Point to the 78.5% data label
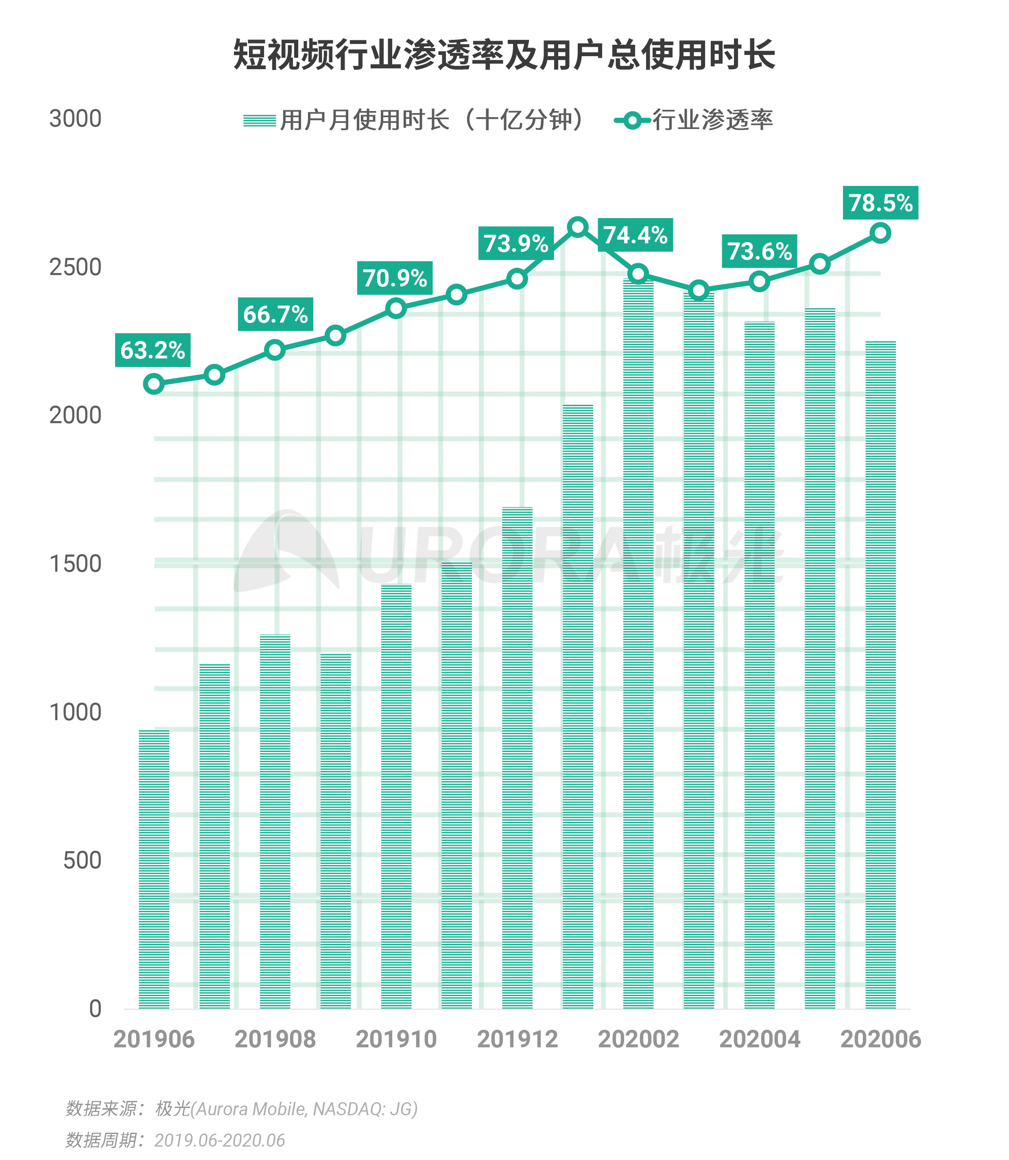pos(880,203)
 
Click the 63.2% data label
pos(153,350)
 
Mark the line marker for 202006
pos(880,232)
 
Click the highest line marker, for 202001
pos(578,227)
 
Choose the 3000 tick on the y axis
pos(75,119)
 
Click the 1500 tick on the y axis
pos(75,564)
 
